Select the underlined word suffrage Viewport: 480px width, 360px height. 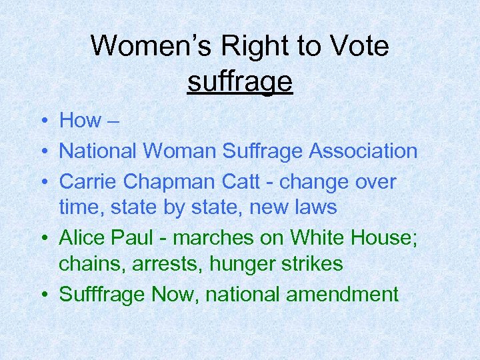coord(240,82)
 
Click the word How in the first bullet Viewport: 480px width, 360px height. coord(80,121)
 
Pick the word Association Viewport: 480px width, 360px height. coord(363,151)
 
